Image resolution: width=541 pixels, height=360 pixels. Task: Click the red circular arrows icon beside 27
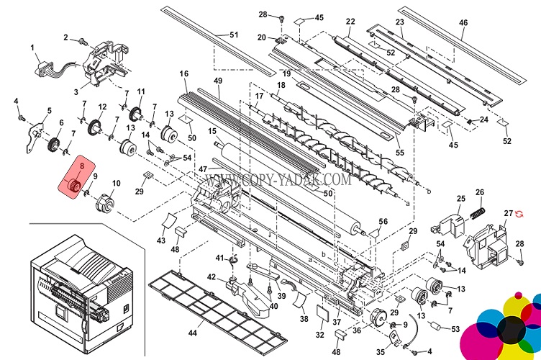(x=521, y=214)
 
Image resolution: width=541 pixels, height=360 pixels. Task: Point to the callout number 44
(x=191, y=333)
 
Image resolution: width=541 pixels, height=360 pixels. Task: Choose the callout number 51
(x=233, y=35)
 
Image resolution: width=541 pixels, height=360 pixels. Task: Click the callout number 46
(x=463, y=22)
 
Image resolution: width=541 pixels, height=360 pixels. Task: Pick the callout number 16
(x=183, y=74)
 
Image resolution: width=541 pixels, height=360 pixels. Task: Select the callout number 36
(x=358, y=331)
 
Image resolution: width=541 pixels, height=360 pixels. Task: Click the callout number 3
(x=77, y=93)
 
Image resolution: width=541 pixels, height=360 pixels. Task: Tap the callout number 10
(x=116, y=184)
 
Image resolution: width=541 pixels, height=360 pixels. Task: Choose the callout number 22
(x=350, y=21)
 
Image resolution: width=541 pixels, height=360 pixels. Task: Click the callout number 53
(x=455, y=329)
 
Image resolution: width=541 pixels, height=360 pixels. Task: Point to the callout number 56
(x=383, y=221)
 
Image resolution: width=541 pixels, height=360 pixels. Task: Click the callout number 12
(x=102, y=107)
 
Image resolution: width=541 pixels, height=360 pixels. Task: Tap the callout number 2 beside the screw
(x=65, y=37)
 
